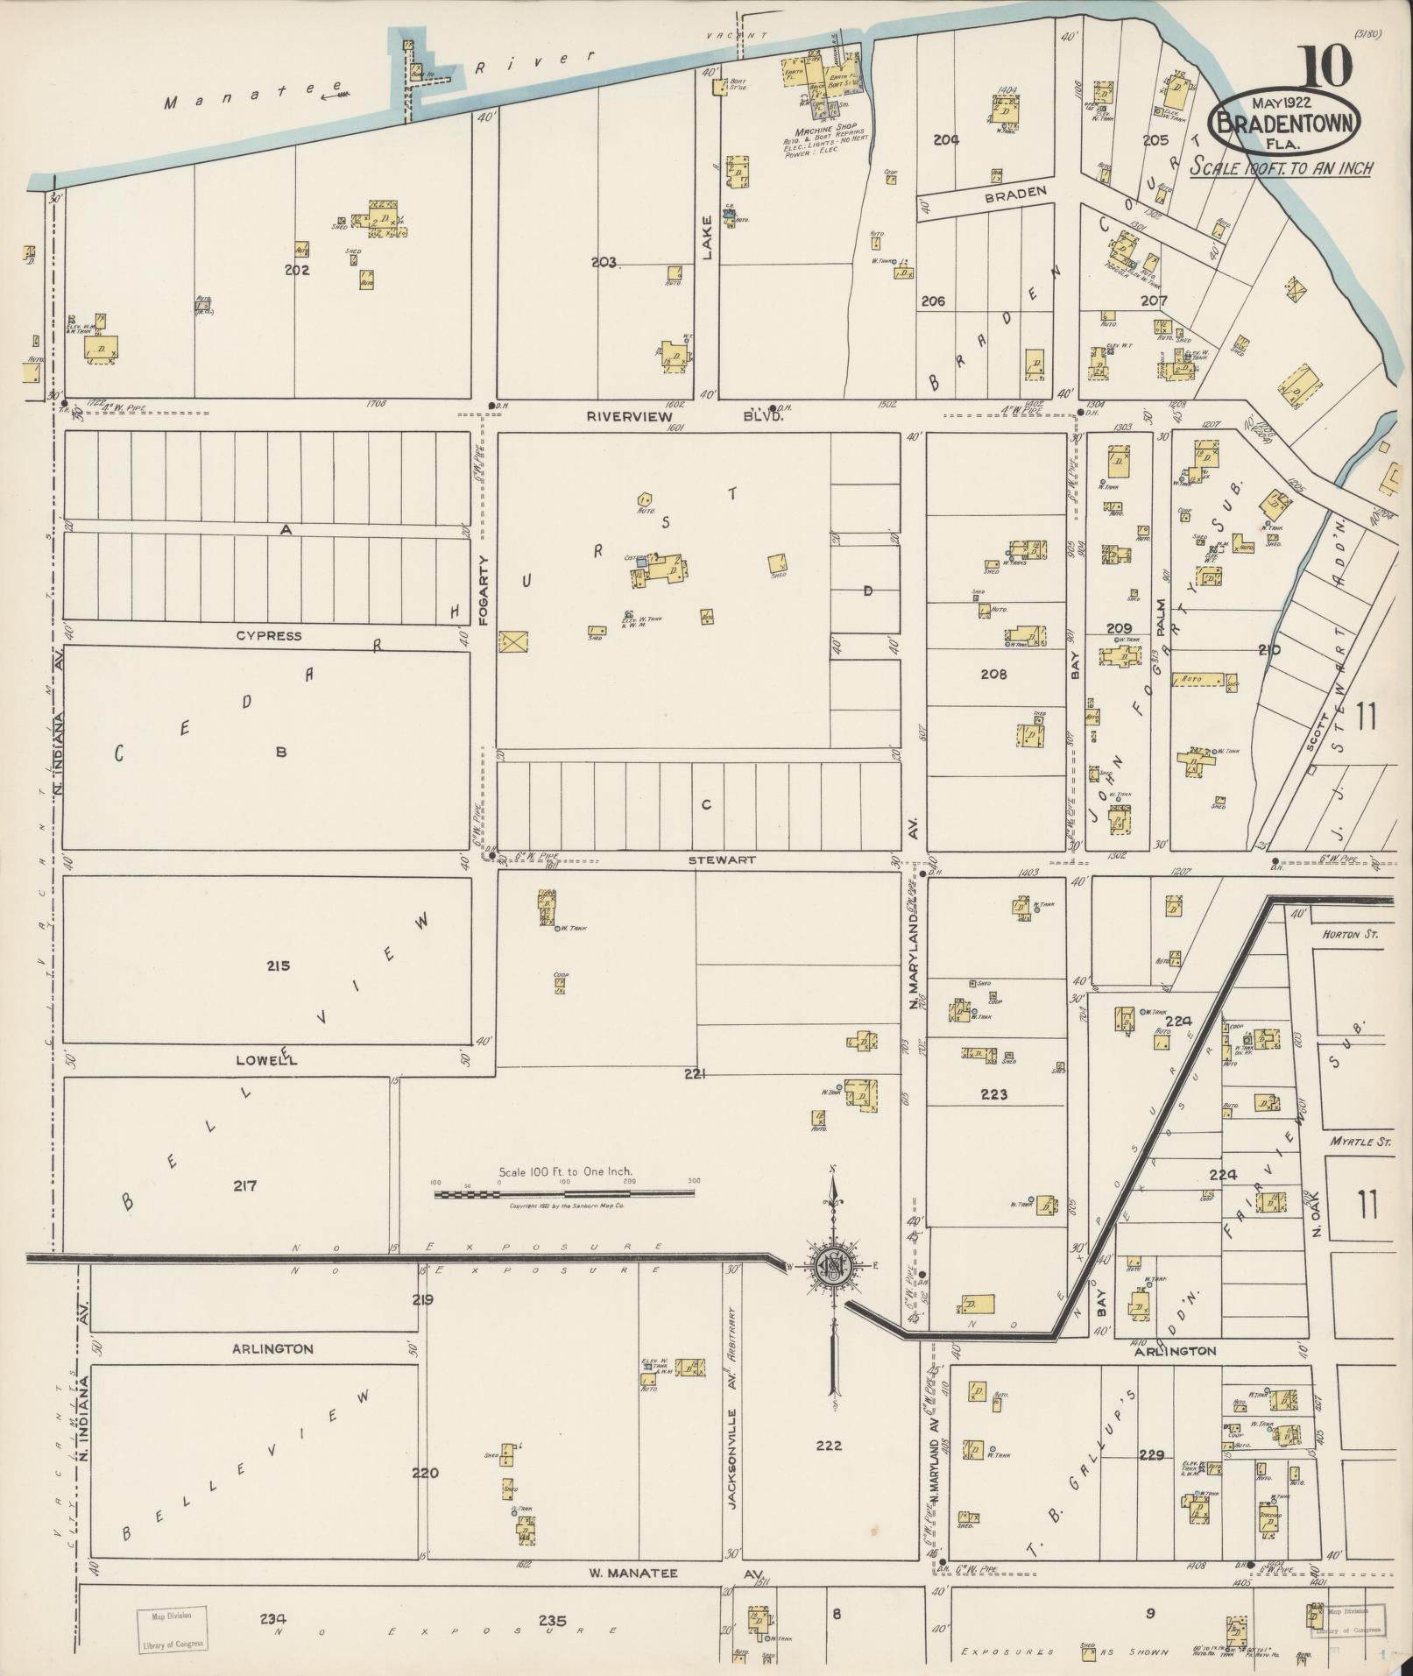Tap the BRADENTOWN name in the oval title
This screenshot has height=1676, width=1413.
point(1285,123)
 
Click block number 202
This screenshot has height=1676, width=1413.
point(297,271)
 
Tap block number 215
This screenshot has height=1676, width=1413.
point(279,966)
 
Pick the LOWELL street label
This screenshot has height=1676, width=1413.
point(266,1060)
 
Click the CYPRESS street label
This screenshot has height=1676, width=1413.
point(268,635)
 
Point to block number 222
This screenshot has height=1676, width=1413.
point(828,1446)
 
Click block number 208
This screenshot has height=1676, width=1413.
point(993,675)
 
